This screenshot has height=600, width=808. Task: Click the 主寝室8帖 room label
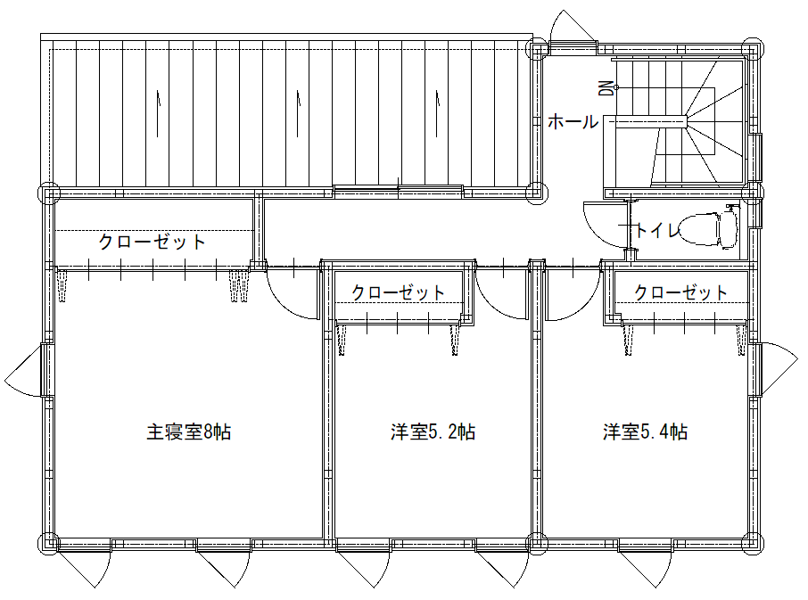(189, 432)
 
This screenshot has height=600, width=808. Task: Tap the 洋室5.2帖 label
(432, 432)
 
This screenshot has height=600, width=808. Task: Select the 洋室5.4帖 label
(644, 432)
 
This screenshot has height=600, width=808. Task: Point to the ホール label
(573, 122)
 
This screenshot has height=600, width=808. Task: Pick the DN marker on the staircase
(606, 87)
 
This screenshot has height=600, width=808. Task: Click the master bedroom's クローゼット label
(152, 242)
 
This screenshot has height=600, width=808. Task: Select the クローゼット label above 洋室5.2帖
(398, 292)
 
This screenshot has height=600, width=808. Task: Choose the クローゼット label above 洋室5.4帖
(680, 292)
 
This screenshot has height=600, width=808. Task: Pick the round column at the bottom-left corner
(47, 542)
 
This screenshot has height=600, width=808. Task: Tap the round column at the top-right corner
(754, 49)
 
